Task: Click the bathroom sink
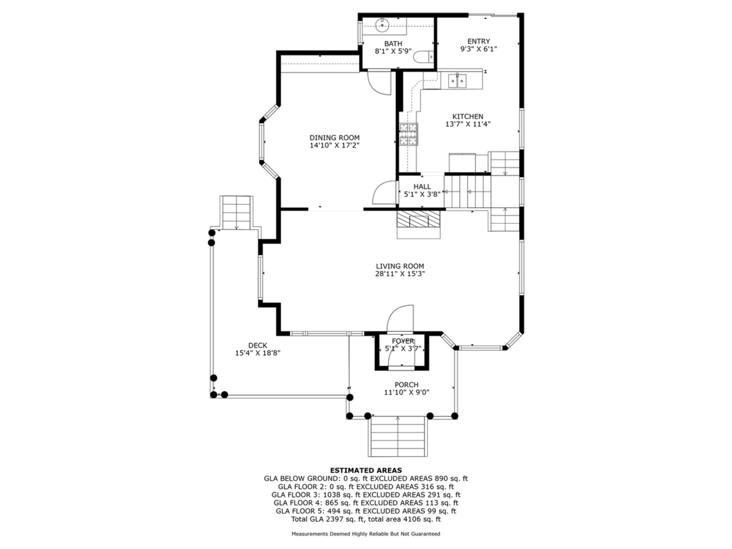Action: (x=382, y=25)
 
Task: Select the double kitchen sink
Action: (x=457, y=81)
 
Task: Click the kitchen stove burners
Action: (x=409, y=135)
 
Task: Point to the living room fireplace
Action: (x=418, y=221)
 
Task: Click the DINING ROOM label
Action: (x=334, y=138)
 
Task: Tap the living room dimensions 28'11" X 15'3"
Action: (x=400, y=274)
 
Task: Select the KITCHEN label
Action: (x=468, y=117)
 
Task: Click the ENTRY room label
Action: (x=479, y=41)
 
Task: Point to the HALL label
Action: (x=422, y=187)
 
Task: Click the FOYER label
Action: (x=403, y=341)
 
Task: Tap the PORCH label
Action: (x=406, y=385)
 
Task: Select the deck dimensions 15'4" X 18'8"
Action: (x=258, y=353)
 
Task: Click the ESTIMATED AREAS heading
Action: (x=366, y=470)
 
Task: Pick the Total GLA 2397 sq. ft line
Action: (x=366, y=519)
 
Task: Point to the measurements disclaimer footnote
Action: (x=366, y=534)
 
